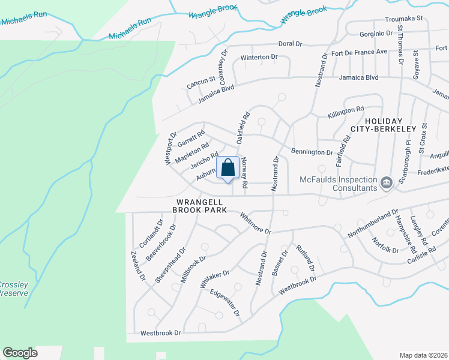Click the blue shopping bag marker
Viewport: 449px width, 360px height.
pos(228,169)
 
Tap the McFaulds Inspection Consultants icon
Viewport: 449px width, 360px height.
pos(387,181)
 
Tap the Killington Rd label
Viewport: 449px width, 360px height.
pos(346,111)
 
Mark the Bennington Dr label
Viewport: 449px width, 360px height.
pos(312,151)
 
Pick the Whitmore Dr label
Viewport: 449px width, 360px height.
pos(256,223)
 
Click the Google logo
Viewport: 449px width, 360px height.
pos(20,353)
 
